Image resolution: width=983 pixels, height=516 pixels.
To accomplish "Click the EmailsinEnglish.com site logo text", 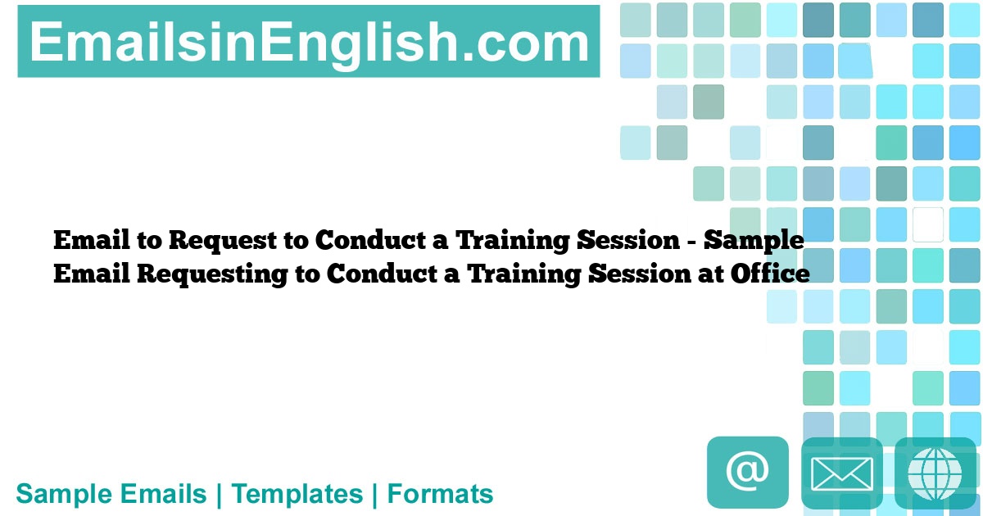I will coord(309,42).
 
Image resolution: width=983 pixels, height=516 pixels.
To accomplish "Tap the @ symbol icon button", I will coord(747,472).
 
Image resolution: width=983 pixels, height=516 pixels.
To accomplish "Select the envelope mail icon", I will coord(841,473).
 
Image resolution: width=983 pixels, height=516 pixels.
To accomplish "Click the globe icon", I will coord(935,473).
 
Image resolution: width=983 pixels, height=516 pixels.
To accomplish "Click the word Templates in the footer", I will coord(297,494).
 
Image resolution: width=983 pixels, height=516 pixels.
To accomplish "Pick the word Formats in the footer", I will coord(440,494).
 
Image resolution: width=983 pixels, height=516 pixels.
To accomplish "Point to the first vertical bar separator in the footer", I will coord(219,494).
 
